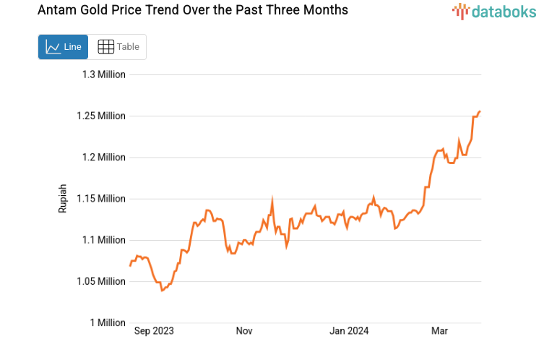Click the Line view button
(x=63, y=47)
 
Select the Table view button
(x=118, y=47)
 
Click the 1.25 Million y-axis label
(x=101, y=116)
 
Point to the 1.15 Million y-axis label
(x=101, y=198)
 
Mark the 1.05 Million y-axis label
(x=101, y=281)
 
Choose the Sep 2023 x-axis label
(x=155, y=331)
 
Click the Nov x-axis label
(x=243, y=331)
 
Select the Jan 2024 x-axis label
(x=350, y=331)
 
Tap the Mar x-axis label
(x=439, y=331)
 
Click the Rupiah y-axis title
(x=63, y=198)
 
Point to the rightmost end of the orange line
(x=480, y=111)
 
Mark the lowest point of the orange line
(x=162, y=291)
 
